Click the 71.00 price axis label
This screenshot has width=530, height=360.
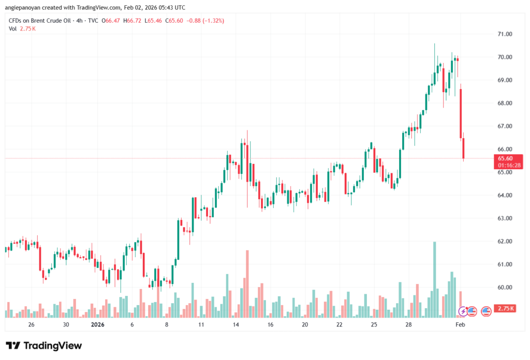click(505, 34)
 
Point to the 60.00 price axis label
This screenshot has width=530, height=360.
click(505, 288)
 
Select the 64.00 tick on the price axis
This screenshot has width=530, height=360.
click(505, 196)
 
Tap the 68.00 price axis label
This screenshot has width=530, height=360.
click(505, 103)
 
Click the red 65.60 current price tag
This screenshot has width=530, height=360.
click(505, 158)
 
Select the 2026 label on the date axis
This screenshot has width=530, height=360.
click(98, 325)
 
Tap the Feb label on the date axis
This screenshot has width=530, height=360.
click(460, 325)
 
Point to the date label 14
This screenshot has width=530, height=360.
click(235, 325)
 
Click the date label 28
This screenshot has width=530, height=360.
click(408, 325)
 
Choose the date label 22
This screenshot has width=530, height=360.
click(339, 325)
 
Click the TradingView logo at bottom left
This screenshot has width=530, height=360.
click(45, 346)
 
